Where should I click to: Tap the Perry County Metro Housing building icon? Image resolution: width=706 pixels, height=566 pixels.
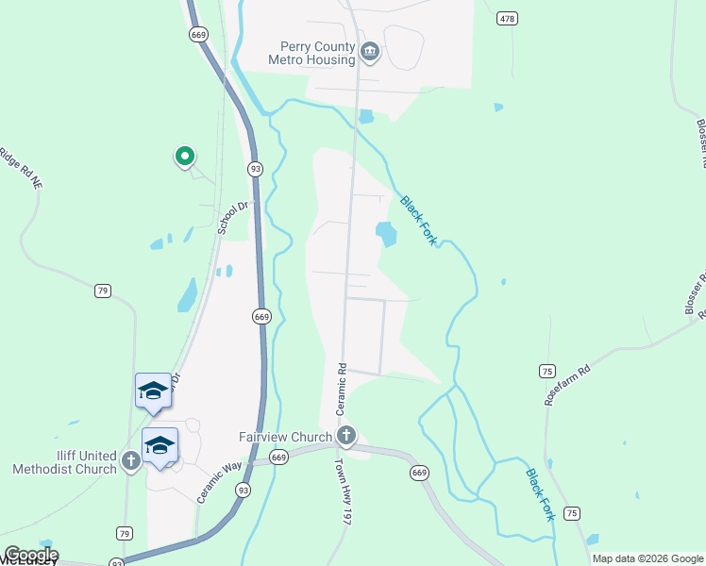tap(370, 52)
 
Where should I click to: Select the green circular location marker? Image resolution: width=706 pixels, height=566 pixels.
tap(185, 156)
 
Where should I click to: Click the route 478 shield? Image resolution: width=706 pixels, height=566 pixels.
tap(508, 18)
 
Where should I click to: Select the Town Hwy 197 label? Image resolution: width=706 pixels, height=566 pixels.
tap(342, 492)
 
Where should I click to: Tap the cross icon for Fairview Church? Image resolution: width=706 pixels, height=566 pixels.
tap(346, 436)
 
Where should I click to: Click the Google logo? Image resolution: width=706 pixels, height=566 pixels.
tap(30, 555)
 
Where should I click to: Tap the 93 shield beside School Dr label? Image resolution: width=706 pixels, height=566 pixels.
tap(255, 168)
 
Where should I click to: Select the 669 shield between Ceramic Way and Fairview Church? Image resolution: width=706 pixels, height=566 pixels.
tap(277, 458)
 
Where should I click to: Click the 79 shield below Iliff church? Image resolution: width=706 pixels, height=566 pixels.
tap(125, 533)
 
